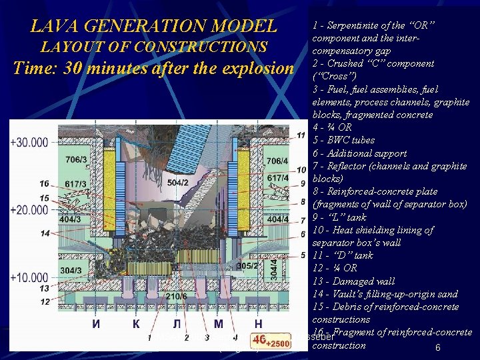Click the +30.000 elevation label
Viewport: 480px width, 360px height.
(29, 142)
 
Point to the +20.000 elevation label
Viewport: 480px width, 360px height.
(29, 209)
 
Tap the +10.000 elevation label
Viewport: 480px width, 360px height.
(29, 277)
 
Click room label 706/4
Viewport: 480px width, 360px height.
(277, 161)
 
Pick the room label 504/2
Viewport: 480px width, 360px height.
(177, 181)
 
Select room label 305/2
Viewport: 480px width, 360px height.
(247, 265)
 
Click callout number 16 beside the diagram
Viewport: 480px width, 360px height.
(45, 183)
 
